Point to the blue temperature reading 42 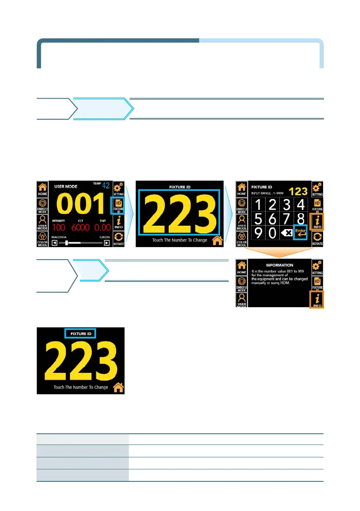(x=106, y=185)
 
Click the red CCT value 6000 (x=82, y=227)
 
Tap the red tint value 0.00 (x=103, y=227)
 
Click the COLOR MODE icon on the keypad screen (x=242, y=238)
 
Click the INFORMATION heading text (x=279, y=265)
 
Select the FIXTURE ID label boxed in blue (x=80, y=333)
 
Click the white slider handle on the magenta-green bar (x=67, y=243)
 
